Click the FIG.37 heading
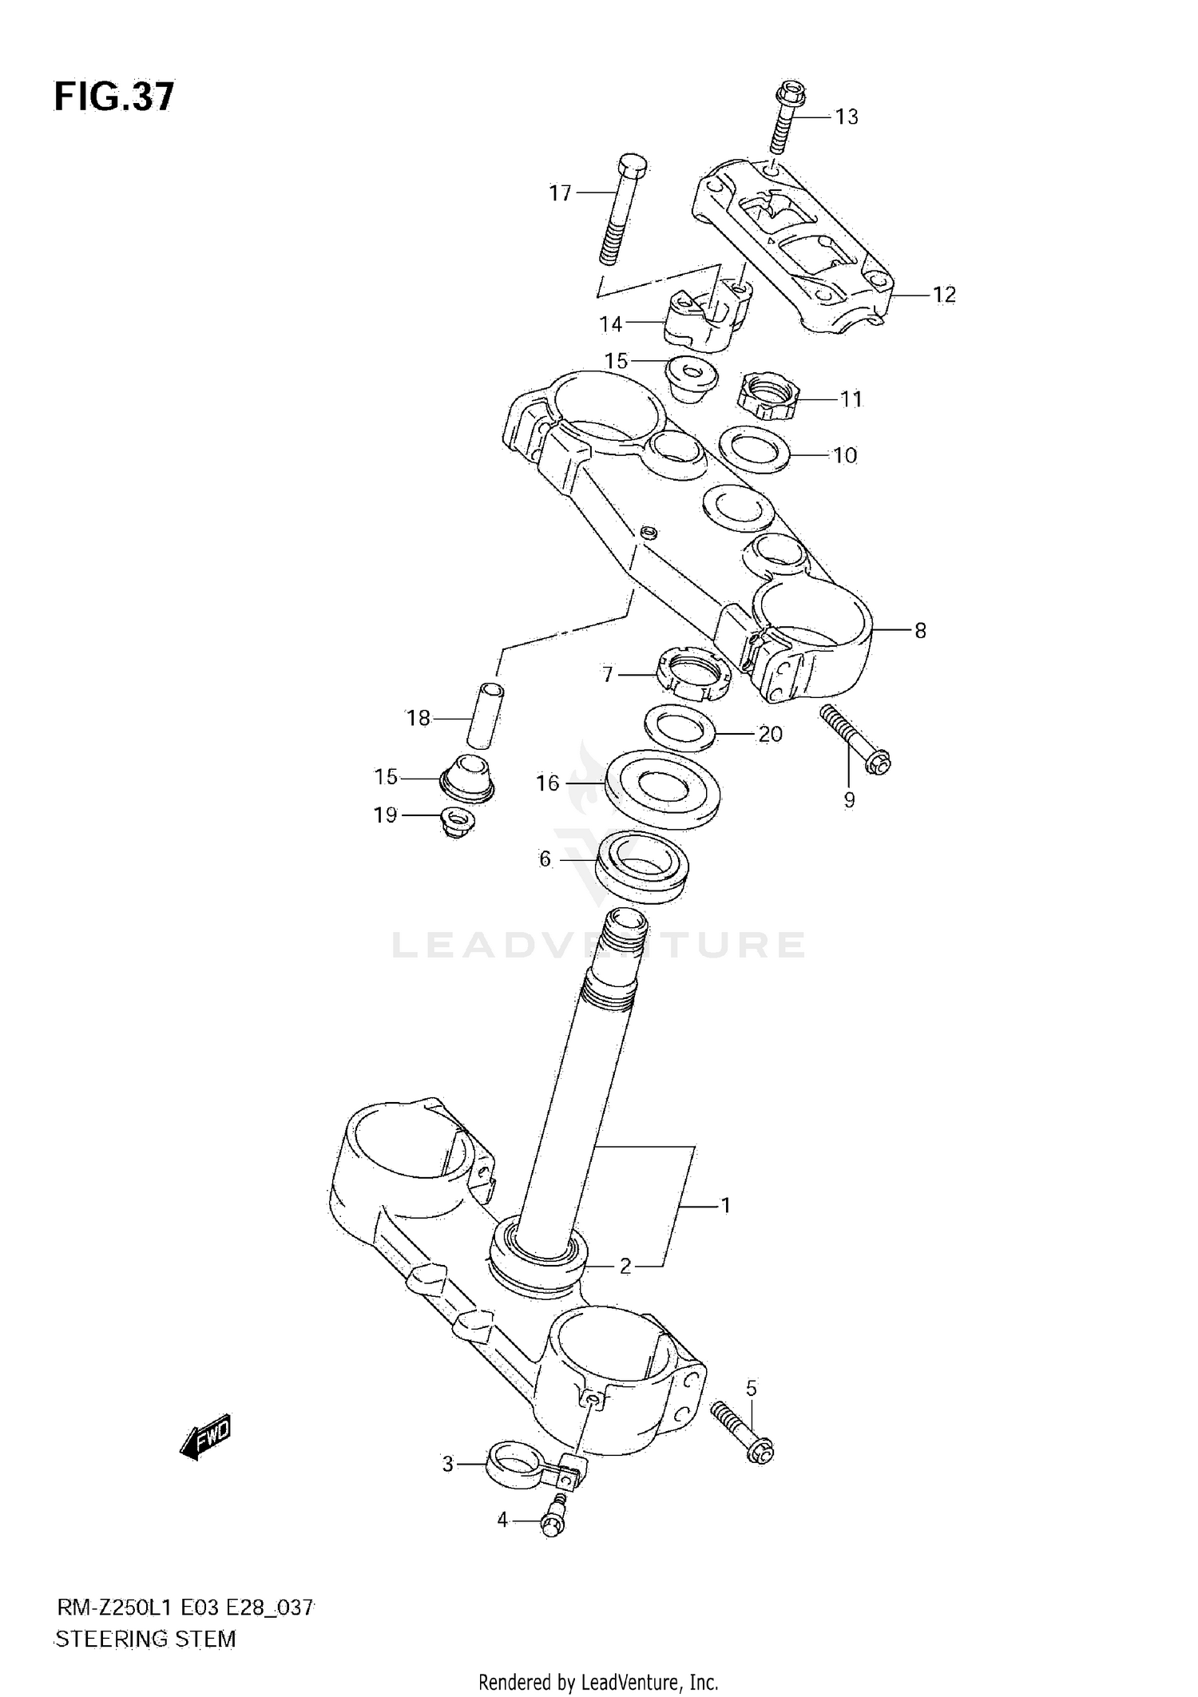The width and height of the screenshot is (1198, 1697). coord(113,97)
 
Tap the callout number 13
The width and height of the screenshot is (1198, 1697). coord(846,117)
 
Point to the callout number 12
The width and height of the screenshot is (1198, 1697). coord(944,295)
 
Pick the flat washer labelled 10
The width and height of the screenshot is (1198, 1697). coord(755,449)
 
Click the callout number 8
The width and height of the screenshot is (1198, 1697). coord(920,631)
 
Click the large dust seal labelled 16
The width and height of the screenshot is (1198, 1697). coord(663,789)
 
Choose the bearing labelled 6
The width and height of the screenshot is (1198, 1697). coord(643,868)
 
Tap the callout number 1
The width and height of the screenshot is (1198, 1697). coord(725,1205)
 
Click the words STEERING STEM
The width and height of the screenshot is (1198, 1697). coord(145,1639)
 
